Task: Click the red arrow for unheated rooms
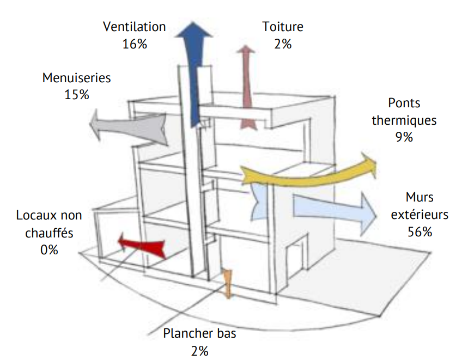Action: coord(143,245)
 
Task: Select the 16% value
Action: coord(135,44)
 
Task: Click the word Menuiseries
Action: coord(76,77)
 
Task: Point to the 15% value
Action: coord(76,95)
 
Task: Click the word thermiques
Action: coord(404,120)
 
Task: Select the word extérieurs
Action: coord(419,215)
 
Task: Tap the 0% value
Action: coord(48,250)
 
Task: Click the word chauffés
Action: coord(48,233)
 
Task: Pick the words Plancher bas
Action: coord(200,333)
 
